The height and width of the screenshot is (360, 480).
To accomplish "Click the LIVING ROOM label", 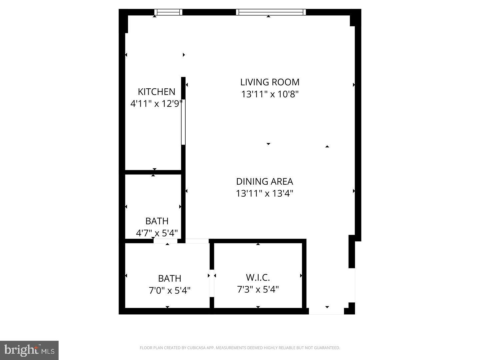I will [270, 82].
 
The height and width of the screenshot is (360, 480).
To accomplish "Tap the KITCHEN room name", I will [156, 92].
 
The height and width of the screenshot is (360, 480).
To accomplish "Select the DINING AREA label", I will [264, 181].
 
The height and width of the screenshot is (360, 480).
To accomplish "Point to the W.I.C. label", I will [258, 277].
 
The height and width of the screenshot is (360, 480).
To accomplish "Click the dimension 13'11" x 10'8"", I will [270, 94].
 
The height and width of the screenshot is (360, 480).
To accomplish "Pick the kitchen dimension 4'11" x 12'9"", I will [156, 104].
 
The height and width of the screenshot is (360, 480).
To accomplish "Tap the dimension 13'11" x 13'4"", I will [264, 193].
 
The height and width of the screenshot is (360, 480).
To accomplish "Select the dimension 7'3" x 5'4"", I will [258, 289].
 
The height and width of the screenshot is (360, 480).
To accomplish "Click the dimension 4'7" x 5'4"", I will [157, 233].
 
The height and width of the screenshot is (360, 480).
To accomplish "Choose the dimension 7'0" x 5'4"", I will [169, 290].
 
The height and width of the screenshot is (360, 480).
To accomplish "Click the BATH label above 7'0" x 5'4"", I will [169, 278].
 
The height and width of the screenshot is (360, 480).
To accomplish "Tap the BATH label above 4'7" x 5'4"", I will [157, 221].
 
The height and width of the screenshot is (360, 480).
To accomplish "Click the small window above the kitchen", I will [168, 12].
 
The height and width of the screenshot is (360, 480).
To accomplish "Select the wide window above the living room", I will [271, 12].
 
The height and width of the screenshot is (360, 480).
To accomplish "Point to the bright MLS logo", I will [29, 350].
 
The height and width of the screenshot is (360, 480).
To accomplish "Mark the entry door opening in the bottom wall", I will [326, 311].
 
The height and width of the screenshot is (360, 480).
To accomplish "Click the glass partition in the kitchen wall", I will [183, 122].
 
